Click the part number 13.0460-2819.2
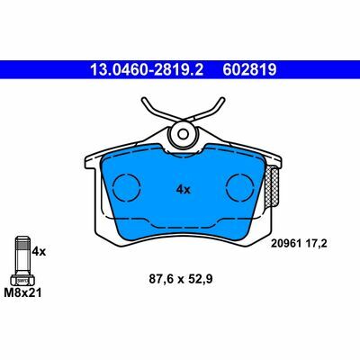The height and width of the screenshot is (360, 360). pyautogui.click(x=147, y=70)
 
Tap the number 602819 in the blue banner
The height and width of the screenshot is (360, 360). pyautogui.click(x=249, y=70)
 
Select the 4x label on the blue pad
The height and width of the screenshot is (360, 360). pyautogui.click(x=184, y=190)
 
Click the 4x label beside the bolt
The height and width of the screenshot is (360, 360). pyautogui.click(x=39, y=251)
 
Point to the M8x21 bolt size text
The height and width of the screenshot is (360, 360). pyautogui.click(x=22, y=292)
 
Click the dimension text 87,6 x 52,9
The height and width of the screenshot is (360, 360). pyautogui.click(x=181, y=279)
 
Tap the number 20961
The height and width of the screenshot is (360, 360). pyautogui.click(x=286, y=244)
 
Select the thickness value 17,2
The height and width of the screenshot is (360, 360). pyautogui.click(x=315, y=244)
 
